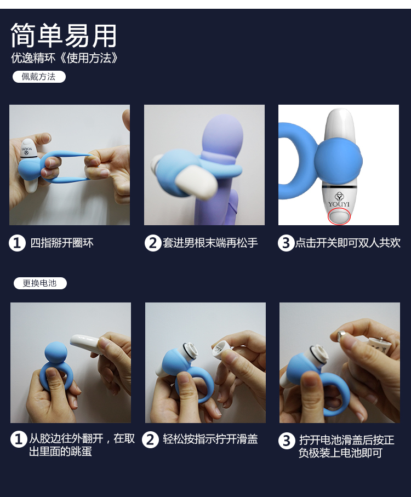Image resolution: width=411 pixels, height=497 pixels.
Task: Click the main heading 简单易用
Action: click(x=64, y=35)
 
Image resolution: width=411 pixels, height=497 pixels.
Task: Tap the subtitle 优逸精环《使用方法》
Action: click(x=65, y=58)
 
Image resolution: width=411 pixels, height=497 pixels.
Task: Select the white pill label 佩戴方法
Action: click(x=39, y=77)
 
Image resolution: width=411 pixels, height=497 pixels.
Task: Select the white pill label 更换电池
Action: click(x=40, y=283)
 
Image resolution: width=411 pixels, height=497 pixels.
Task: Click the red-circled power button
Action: click(x=339, y=216)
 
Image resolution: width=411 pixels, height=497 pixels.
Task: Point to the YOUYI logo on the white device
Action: click(x=339, y=199)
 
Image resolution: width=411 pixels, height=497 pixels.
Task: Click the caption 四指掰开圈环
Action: click(x=62, y=243)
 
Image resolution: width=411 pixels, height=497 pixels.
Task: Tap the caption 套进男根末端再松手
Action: click(x=210, y=243)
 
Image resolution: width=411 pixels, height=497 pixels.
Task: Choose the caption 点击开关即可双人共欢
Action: click(x=348, y=243)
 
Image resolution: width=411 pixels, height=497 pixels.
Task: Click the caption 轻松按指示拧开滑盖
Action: click(x=210, y=439)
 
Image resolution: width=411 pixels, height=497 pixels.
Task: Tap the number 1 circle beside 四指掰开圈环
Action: click(x=17, y=243)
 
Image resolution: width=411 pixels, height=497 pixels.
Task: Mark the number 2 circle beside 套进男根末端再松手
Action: click(x=153, y=243)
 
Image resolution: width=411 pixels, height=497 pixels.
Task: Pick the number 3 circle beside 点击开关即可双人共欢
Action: click(x=286, y=243)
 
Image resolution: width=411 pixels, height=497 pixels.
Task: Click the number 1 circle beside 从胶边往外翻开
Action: click(x=19, y=439)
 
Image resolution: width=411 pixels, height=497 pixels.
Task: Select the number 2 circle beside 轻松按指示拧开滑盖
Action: click(x=150, y=440)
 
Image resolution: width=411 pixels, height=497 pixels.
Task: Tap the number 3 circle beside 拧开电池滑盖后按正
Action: click(x=287, y=441)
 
